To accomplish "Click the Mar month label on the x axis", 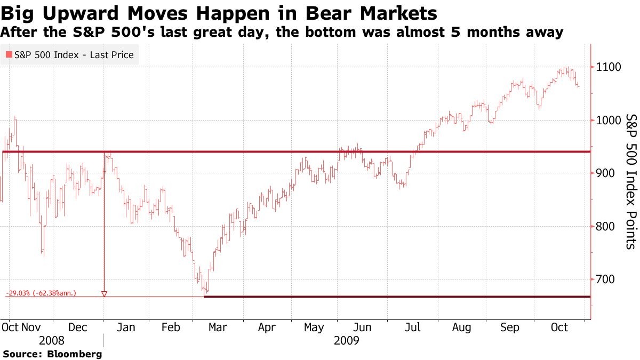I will point(218,328).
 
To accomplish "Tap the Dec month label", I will point(78,328).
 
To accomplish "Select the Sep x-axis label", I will point(510,328).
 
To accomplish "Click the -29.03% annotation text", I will point(20,293).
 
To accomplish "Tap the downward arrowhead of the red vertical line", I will point(104,294).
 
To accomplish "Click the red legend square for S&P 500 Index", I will point(9,54).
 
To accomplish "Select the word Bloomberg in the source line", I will point(74,354).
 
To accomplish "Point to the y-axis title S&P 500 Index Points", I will point(630,181).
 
